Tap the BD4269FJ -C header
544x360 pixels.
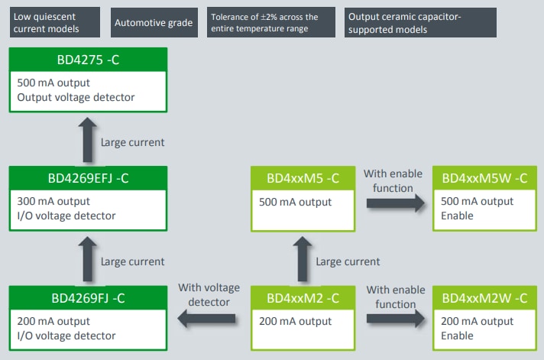pos(87,298)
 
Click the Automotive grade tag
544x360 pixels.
pos(154,23)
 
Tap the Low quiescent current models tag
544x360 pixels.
pos(55,23)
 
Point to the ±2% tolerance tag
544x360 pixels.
pos(271,23)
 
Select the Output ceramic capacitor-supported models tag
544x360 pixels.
pos(420,23)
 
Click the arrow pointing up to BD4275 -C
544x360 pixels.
pos(87,140)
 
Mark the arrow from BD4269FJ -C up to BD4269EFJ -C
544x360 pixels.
pos(87,259)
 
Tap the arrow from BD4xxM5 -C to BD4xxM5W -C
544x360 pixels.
pos(394,203)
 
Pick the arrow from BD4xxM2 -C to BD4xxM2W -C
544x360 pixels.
pos(394,321)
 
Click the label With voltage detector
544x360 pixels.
pos(204,295)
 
